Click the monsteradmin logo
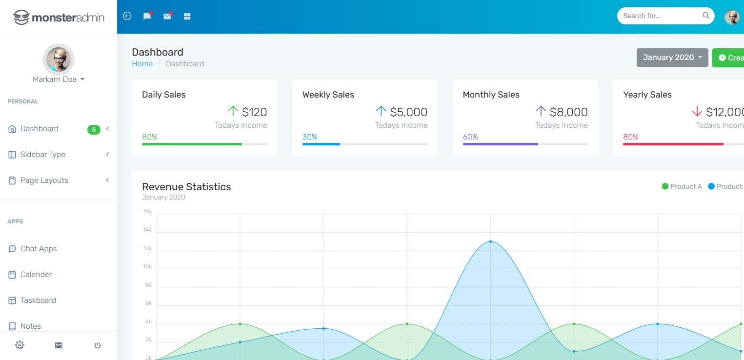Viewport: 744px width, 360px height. (59, 17)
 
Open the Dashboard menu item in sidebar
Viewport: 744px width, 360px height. (39, 128)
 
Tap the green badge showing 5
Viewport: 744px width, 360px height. (94, 130)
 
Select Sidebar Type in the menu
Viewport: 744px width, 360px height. (42, 155)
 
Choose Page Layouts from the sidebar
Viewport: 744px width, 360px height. (44, 180)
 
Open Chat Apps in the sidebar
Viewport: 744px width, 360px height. (38, 249)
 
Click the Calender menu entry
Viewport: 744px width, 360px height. (36, 275)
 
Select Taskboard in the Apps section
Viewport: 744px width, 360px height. (38, 300)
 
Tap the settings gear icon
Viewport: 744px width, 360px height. (20, 345)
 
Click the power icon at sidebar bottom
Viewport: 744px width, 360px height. (97, 345)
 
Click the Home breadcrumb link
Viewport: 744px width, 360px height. (142, 64)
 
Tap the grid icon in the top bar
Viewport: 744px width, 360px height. (187, 16)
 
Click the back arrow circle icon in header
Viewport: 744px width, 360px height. (127, 16)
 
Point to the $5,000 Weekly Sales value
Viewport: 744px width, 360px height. (408, 112)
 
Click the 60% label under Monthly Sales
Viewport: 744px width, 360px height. (470, 137)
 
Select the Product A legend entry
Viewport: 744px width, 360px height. (682, 186)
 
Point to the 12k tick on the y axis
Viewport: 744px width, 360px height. (147, 248)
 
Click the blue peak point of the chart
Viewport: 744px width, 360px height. (491, 241)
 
